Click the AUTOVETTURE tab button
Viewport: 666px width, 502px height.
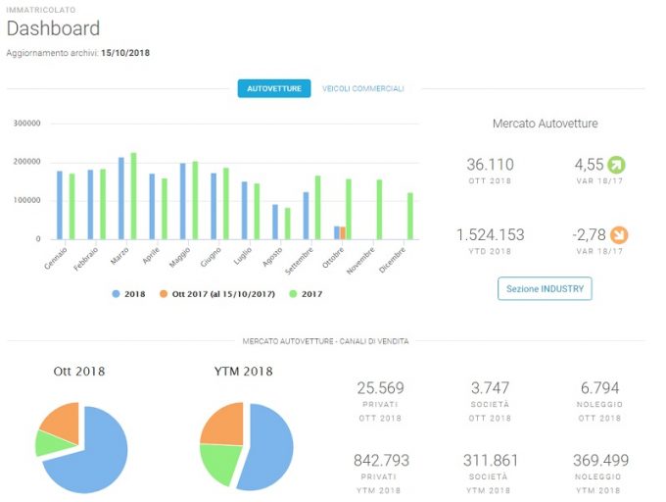(x=274, y=88)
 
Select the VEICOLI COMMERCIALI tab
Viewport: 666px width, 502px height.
(x=362, y=88)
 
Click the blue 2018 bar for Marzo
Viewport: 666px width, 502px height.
(x=121, y=198)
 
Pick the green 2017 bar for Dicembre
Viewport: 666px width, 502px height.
(x=410, y=216)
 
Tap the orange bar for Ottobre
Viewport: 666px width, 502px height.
(x=343, y=233)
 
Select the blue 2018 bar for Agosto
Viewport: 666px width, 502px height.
(x=275, y=222)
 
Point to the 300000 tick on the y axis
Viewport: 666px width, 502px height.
(x=26, y=124)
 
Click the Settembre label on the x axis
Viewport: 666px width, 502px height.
(x=299, y=261)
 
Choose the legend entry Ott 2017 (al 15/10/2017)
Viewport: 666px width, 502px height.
(x=217, y=294)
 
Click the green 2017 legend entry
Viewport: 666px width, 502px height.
(x=306, y=294)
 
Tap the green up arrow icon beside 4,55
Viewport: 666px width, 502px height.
(x=616, y=165)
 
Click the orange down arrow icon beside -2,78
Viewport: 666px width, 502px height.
(x=619, y=234)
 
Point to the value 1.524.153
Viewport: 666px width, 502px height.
(x=490, y=234)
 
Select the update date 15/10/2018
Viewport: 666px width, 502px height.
(x=125, y=53)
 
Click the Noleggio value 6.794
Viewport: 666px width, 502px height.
(x=599, y=387)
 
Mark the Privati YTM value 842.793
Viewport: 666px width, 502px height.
(x=381, y=460)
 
